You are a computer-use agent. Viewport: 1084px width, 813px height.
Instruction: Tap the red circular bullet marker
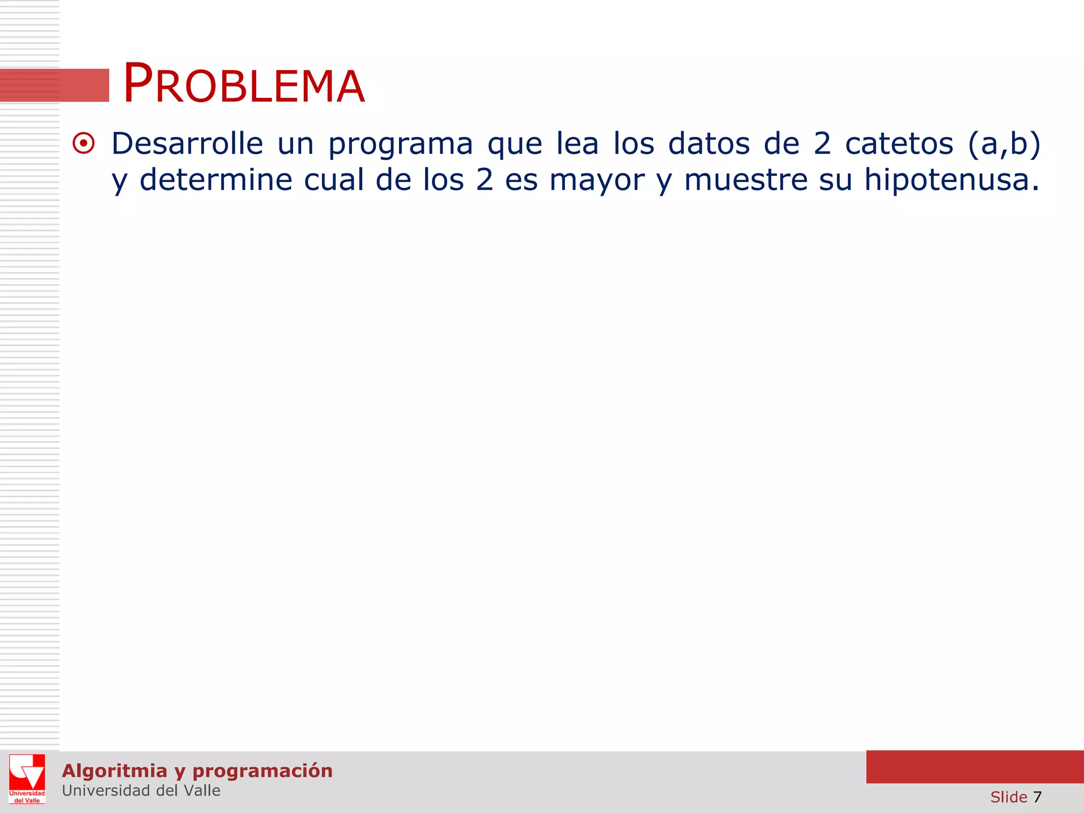click(84, 143)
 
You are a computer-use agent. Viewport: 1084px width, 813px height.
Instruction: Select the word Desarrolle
click(187, 143)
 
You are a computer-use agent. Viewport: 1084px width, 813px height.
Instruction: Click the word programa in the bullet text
click(400, 144)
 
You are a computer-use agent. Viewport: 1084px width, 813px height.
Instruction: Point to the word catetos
click(899, 143)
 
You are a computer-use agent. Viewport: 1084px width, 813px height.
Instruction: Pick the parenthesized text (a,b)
click(1004, 144)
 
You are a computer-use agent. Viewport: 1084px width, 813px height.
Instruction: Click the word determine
click(215, 180)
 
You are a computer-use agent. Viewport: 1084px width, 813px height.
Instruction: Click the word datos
click(709, 143)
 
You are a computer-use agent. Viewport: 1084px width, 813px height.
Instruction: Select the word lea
click(577, 143)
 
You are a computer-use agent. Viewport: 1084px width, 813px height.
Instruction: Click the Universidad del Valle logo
click(27, 779)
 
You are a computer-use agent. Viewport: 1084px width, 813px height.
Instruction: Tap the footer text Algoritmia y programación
click(197, 771)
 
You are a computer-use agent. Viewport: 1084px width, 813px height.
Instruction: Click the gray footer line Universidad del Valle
click(141, 791)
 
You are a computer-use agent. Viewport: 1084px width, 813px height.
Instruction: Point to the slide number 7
click(1037, 797)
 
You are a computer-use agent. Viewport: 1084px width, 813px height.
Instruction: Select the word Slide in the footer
click(1008, 797)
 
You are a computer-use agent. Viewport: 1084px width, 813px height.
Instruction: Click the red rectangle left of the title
click(55, 85)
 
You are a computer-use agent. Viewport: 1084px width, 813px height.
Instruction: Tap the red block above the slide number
click(974, 766)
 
